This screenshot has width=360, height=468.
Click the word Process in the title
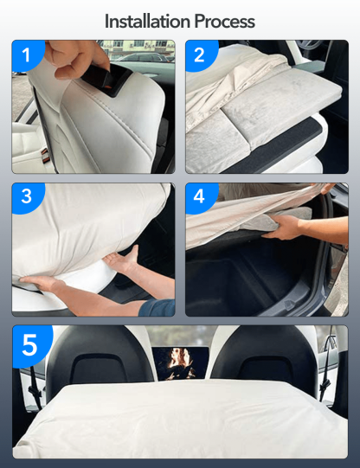224,20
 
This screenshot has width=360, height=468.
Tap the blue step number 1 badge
26,56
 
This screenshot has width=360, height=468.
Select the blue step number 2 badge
200,56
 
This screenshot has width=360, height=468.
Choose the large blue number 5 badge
30,345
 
